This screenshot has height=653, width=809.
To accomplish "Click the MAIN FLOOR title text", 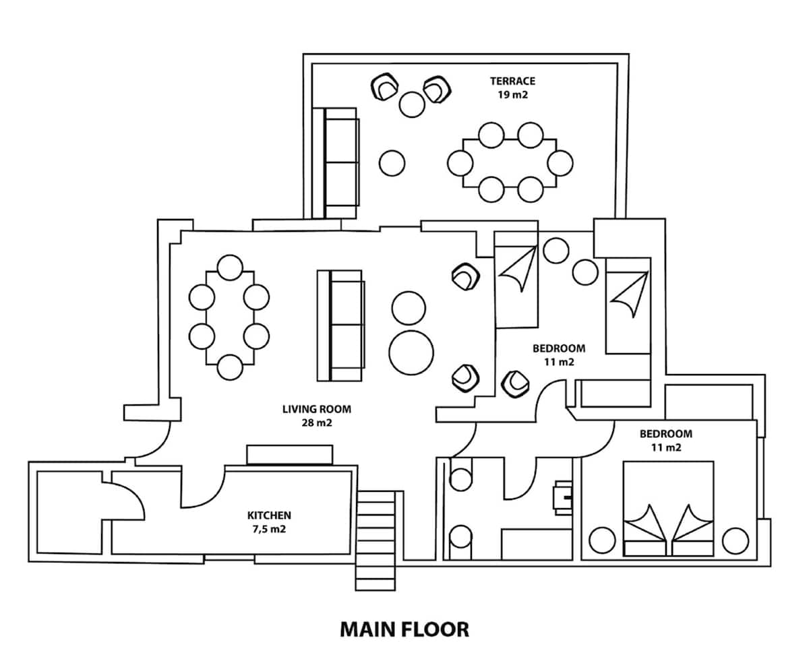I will (x=404, y=629).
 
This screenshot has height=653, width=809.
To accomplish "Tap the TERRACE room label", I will (x=512, y=82).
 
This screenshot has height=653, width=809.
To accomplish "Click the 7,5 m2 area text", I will (x=269, y=529).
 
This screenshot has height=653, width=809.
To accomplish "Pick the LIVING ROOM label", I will (x=316, y=409).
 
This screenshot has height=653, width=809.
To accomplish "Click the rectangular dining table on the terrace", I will (x=510, y=162).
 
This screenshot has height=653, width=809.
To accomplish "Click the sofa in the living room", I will (x=341, y=325).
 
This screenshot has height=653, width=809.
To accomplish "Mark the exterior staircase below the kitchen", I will (x=376, y=539).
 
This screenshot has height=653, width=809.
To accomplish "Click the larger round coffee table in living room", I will (x=411, y=351).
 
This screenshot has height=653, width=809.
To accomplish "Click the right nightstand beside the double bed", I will (x=735, y=540).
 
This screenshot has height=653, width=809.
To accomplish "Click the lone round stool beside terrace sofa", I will (x=392, y=162).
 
